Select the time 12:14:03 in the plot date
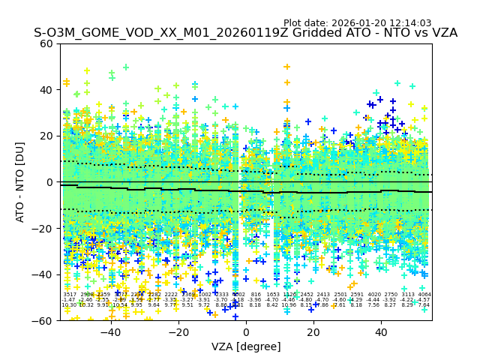point(411,23)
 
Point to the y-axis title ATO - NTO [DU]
point(21,181)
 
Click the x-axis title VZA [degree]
point(245,346)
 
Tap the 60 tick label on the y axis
point(47,43)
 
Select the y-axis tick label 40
point(47,90)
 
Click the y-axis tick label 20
point(47,136)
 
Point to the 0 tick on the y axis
point(50,182)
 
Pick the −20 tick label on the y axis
point(44,228)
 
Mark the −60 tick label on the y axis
point(44,320)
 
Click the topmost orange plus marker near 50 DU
point(286,67)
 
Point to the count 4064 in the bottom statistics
point(424,295)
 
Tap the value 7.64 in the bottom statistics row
point(424,305)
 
